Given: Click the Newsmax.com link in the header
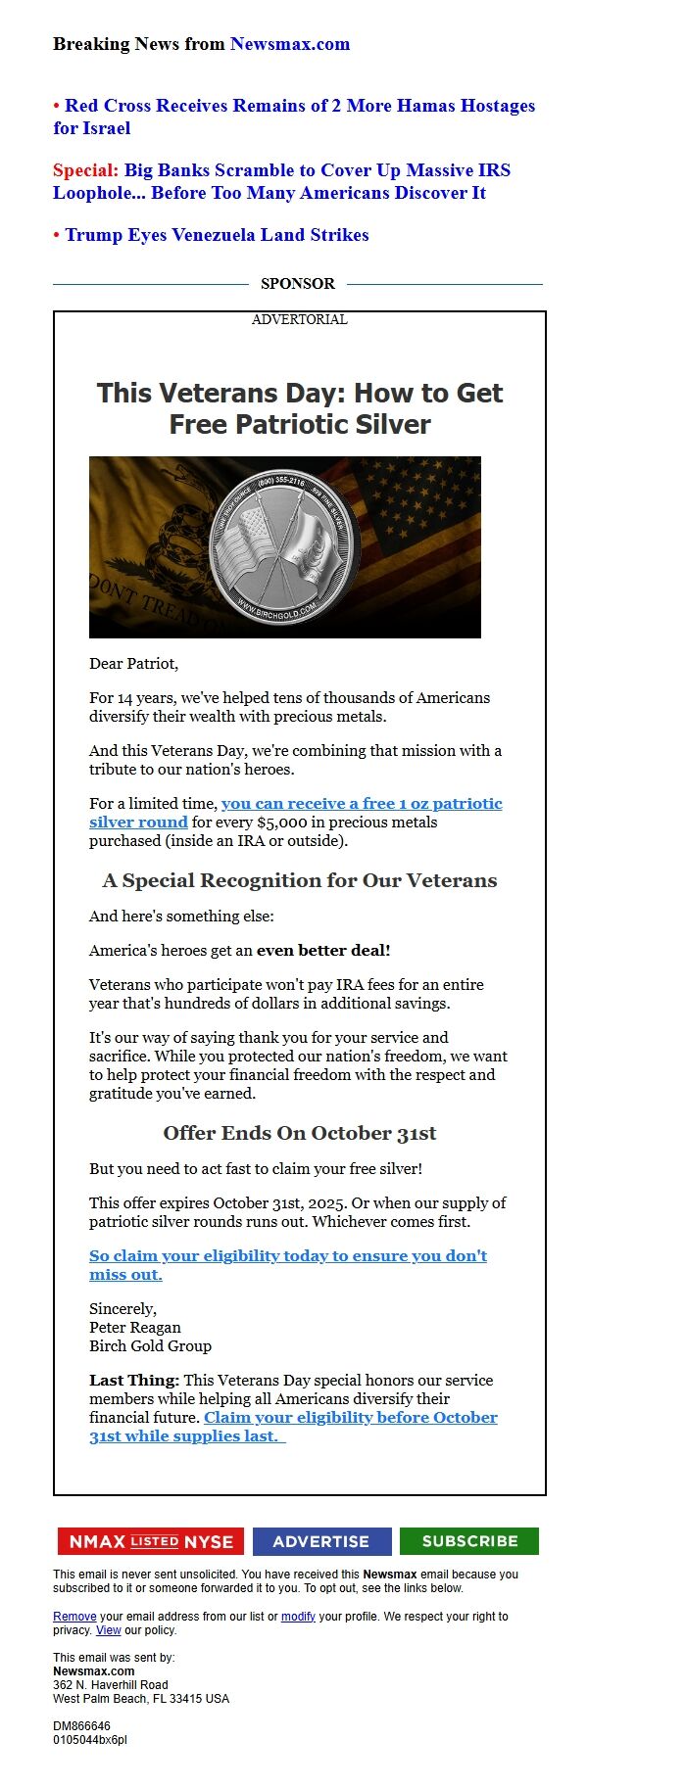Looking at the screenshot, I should pos(289,44).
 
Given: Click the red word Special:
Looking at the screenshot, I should pos(85,170).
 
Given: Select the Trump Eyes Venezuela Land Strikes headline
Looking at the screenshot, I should pos(217,235).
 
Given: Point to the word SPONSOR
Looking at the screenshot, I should pos(297,284).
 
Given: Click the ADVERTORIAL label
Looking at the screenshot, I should pos(299,319).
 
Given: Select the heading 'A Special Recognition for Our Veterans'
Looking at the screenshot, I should pos(299,880).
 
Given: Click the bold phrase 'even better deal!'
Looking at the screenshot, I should pos(323,950).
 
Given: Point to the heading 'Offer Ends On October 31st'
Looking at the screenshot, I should pos(299,1133).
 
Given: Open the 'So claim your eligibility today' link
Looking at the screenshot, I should pos(287,1256).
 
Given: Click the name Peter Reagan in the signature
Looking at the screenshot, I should pos(135,1328).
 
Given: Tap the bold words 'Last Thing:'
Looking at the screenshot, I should pos(134,1381).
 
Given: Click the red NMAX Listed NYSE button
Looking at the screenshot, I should pos(150,1541).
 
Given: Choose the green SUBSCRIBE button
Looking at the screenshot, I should pos(468,1541).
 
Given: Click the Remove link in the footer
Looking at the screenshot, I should pos(74,1617).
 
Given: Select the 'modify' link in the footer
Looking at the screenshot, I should pos(298,1617).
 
